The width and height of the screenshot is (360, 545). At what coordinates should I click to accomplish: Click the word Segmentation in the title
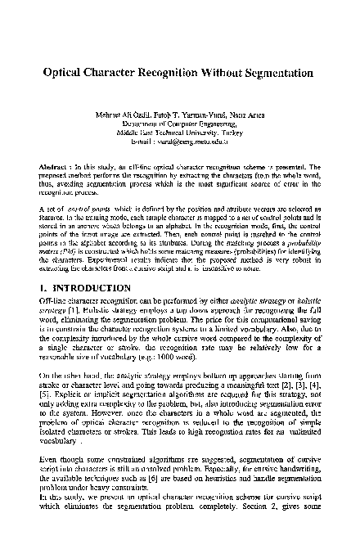tap(272, 72)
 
